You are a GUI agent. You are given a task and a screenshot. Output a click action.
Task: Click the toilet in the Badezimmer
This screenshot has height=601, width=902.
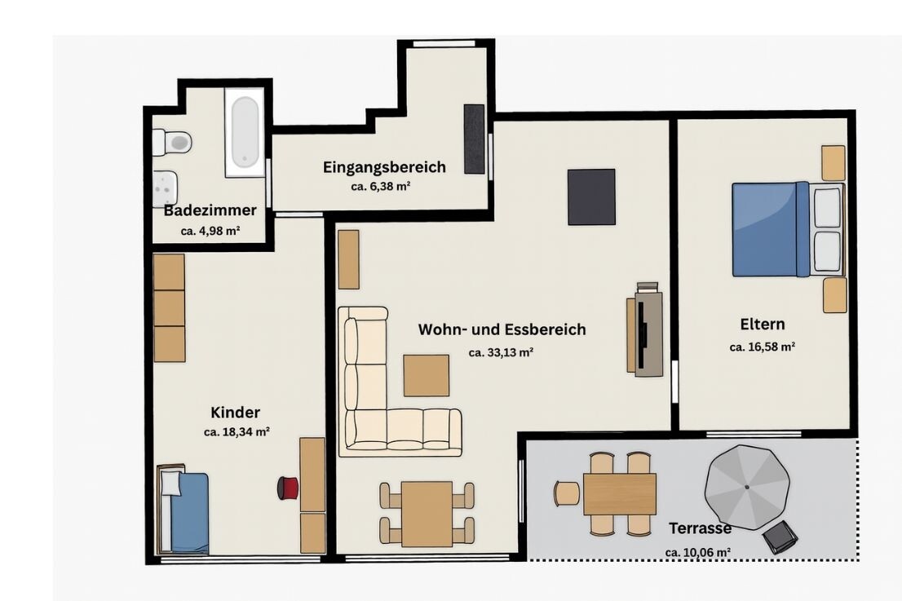coord(171,142)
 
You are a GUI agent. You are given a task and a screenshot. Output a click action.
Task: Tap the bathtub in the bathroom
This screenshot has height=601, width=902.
coord(245,132)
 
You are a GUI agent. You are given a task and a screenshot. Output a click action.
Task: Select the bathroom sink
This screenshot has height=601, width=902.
coord(165,188)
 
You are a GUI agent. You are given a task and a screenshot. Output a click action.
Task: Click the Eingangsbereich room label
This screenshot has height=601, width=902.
coord(384,167)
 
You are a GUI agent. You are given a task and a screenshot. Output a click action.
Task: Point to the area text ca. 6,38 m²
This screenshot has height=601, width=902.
coord(380,187)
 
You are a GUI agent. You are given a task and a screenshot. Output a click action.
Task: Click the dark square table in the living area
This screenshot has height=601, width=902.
coord(591,197)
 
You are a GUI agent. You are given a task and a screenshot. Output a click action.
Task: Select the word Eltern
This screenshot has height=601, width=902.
coord(763,325)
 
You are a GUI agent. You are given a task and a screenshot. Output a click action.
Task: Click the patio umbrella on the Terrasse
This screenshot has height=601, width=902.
coord(747,487)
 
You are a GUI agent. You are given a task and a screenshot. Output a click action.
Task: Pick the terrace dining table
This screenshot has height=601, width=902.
coord(620,494)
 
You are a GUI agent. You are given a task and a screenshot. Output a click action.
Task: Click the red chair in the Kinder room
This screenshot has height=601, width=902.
coord(288,488)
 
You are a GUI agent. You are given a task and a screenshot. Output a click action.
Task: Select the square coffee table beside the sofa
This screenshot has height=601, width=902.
coord(427,376)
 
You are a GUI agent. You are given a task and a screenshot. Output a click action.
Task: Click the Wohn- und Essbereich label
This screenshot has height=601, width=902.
coord(502,329)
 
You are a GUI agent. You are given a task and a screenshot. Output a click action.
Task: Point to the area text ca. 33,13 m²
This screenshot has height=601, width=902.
coord(501,352)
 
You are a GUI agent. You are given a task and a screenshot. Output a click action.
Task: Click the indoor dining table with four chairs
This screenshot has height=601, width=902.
coord(427,514)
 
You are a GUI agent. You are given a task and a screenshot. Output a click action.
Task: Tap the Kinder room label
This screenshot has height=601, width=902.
coord(235,413)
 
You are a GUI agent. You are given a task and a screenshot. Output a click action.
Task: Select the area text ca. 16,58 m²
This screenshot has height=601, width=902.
coord(763,347)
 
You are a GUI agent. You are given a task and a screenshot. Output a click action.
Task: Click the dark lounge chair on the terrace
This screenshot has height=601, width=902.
coord(780,537)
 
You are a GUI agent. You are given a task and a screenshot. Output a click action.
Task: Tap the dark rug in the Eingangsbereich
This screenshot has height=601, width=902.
coord(475,139)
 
